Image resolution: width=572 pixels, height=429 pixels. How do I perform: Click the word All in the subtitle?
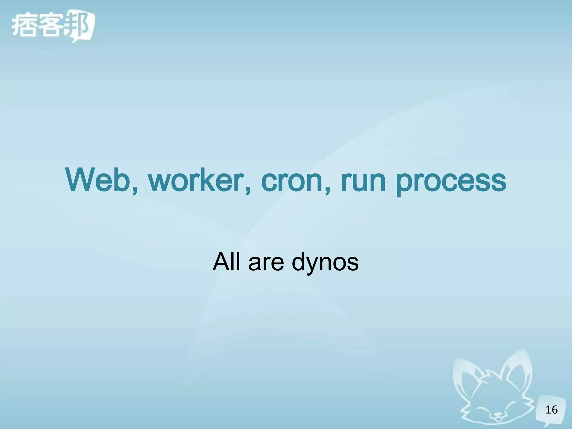coord(228,262)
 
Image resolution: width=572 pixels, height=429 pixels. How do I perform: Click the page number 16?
coord(551,410)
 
